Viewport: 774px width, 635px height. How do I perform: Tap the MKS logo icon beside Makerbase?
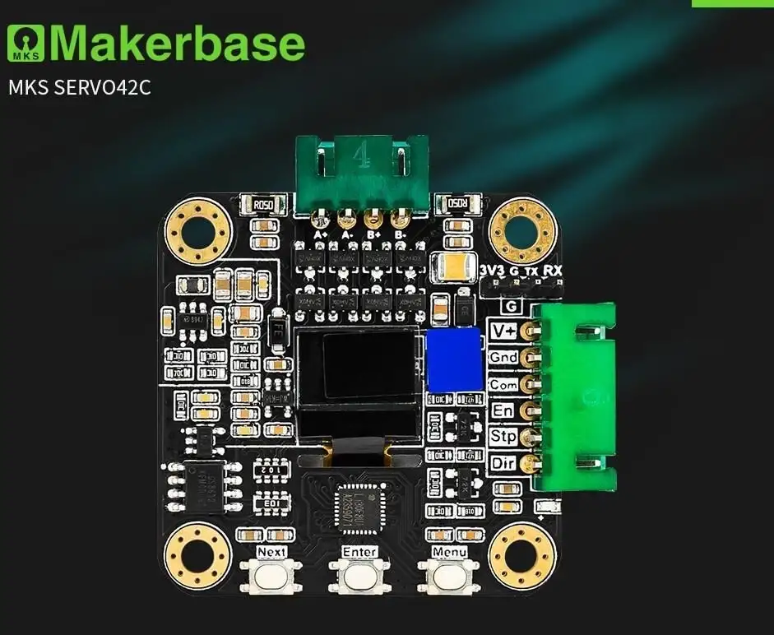(x=26, y=44)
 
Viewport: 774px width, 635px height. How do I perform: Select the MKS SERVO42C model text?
(x=80, y=87)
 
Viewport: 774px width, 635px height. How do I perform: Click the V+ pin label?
(x=503, y=331)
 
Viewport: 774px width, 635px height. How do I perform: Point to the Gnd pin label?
(x=503, y=358)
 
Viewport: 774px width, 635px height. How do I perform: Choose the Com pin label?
(x=503, y=384)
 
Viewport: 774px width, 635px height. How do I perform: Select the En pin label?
(x=503, y=410)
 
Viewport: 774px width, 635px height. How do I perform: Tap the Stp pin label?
(x=503, y=437)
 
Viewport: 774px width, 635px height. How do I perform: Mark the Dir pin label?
(x=503, y=463)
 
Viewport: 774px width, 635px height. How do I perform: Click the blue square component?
(x=453, y=360)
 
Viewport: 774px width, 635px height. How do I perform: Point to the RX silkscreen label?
(x=554, y=271)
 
